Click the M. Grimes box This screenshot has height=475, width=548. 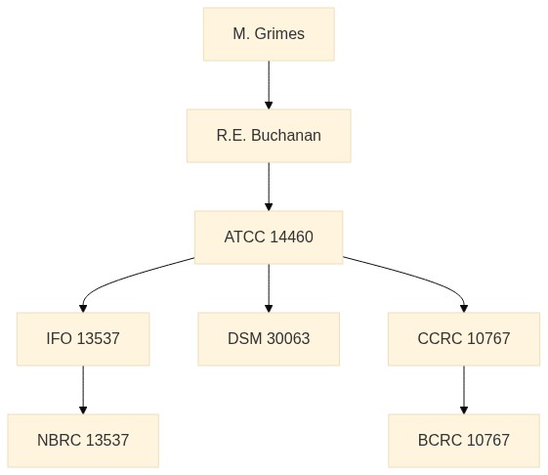point(269,34)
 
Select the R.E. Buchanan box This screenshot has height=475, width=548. point(269,136)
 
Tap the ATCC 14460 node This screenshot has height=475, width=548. point(269,237)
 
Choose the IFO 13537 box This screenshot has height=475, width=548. point(83,339)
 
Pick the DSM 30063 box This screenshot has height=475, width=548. point(269,339)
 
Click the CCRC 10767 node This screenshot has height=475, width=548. point(464,339)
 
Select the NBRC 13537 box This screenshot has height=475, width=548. point(83,441)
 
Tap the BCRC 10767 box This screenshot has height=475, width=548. point(464,441)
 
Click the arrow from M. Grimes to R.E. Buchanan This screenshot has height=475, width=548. point(269,85)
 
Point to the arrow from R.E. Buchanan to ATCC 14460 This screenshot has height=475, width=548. point(269,187)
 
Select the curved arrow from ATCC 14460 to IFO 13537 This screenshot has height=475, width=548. point(120,279)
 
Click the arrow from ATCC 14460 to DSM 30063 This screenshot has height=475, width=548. point(269,288)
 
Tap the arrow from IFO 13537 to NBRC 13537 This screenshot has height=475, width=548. point(83,390)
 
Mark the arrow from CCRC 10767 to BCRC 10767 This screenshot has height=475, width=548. point(464,390)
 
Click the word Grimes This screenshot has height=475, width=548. point(279,34)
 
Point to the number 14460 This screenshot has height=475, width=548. point(291,237)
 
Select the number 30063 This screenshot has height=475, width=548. point(288,338)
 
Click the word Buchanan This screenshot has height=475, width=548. point(286,135)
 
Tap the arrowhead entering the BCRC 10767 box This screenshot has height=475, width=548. point(464,410)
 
